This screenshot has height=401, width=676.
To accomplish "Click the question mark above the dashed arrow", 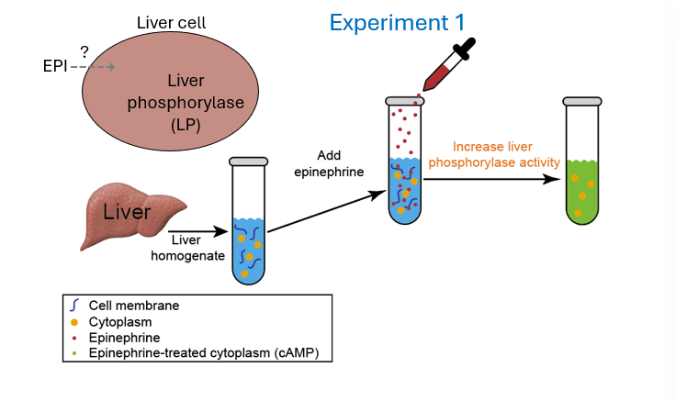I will point(84,52).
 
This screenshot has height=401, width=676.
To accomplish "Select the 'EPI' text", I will point(56,67).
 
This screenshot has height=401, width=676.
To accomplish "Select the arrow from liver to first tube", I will point(197,232).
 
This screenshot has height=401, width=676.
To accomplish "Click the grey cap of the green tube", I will point(582,102).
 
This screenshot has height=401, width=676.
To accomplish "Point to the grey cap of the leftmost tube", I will point(246,162).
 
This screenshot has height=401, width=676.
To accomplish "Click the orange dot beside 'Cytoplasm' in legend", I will point(74,322).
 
